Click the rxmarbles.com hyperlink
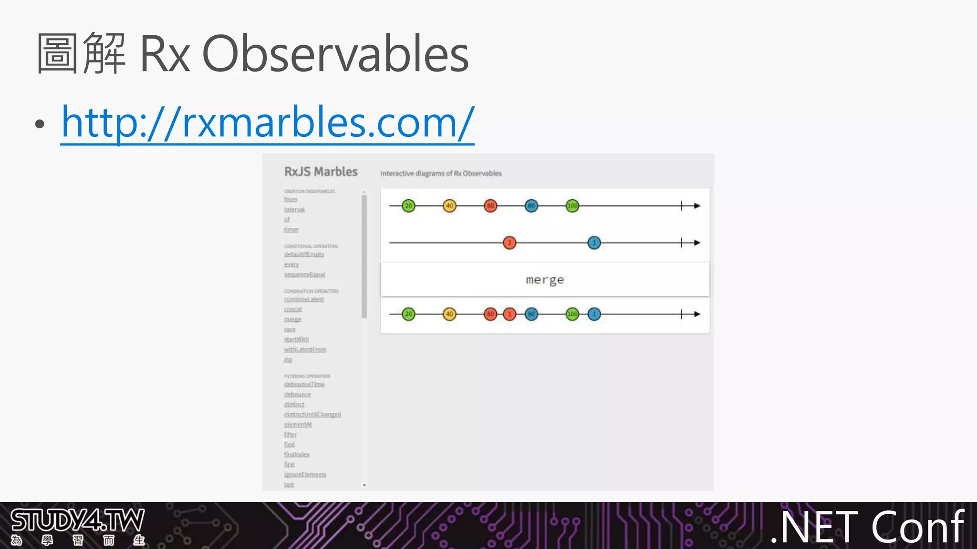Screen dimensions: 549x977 click(268, 123)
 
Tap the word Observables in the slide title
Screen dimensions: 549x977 click(335, 54)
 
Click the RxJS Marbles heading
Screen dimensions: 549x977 click(321, 172)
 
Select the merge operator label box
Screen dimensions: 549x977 click(545, 280)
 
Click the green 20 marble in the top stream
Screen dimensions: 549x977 click(408, 206)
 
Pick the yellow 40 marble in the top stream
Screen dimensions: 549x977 click(449, 206)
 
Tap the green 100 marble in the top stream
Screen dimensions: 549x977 click(572, 206)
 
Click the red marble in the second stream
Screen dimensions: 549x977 click(509, 243)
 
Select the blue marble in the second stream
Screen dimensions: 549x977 click(594, 243)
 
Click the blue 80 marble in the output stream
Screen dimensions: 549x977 click(531, 314)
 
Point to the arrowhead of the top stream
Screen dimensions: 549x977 click(697, 206)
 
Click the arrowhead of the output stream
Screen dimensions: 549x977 click(697, 314)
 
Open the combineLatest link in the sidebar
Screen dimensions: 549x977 click(304, 299)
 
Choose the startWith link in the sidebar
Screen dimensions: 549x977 click(296, 339)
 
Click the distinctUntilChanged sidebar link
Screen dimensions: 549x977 click(312, 415)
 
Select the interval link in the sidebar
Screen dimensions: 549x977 click(294, 210)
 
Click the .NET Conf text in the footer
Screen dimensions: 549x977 click(867, 527)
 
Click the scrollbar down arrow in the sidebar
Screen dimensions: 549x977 click(364, 485)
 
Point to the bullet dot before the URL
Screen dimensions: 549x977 click(40, 124)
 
